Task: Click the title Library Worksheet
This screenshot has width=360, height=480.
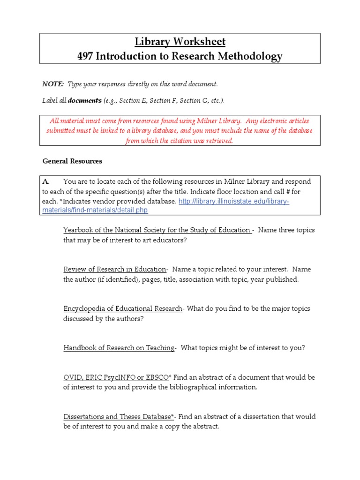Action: (180, 42)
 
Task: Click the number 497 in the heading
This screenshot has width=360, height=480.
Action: (86, 57)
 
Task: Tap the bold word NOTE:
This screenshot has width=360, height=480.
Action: (53, 84)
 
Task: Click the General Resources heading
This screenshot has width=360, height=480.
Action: (72, 161)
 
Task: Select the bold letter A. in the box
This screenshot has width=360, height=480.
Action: (46, 181)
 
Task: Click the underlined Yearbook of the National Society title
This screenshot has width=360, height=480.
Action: (157, 230)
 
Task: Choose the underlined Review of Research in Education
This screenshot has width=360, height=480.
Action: (115, 270)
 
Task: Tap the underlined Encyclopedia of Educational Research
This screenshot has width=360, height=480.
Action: (123, 309)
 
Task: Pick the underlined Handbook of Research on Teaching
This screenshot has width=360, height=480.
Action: (119, 348)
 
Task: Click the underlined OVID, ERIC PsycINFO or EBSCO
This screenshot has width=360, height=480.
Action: (116, 377)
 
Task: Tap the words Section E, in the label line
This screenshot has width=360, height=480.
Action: (136, 101)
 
